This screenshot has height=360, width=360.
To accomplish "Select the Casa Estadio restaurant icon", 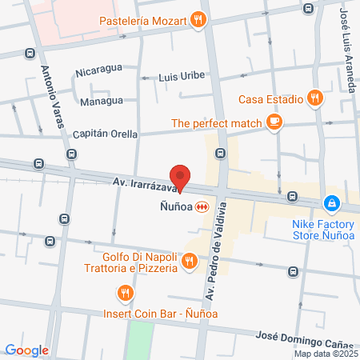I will pos(315,99).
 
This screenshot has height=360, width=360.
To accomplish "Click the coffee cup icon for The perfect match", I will pos(274,122).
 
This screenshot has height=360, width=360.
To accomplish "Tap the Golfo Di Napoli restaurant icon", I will pos(189,261).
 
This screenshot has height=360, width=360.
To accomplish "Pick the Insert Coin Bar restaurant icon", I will pos(124,294).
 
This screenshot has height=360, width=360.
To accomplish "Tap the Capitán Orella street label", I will pos(106,134).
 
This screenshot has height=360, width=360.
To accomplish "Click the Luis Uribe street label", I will pos(182,76).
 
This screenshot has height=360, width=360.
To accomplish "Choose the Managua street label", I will pos(102,102).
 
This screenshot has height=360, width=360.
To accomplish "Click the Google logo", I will pos(26,350).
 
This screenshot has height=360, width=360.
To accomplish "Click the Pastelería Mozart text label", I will pos(145,20).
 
